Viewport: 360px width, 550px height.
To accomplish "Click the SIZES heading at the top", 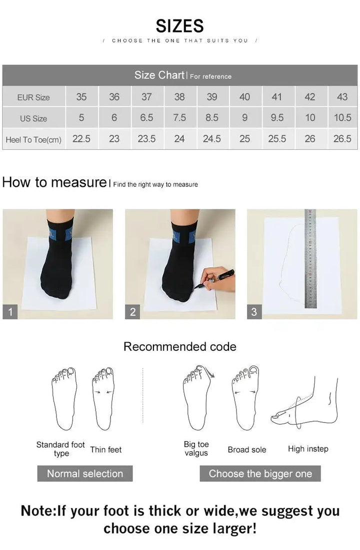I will point(179,25).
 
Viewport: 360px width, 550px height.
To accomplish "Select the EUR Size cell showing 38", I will point(179,97).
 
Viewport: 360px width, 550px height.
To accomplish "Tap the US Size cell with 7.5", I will point(179,118).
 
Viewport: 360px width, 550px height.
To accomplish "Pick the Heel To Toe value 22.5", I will point(81,139).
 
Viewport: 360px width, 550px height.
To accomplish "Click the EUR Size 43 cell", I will point(342,97).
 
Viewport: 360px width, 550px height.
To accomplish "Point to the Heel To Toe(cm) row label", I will point(33,139).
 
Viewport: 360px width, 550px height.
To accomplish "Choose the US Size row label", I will point(33,118).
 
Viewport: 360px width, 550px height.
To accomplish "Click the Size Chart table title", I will point(159,75).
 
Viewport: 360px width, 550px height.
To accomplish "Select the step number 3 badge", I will point(254,312).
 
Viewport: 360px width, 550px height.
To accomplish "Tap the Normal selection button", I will point(85,474).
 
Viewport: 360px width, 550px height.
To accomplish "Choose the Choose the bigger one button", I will point(260,474).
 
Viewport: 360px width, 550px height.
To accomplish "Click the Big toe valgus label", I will point(196,449).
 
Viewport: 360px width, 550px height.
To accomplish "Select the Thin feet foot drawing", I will point(103,399).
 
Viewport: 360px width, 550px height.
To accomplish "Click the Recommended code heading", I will point(179,347).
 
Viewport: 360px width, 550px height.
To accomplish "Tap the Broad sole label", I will point(247,450).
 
